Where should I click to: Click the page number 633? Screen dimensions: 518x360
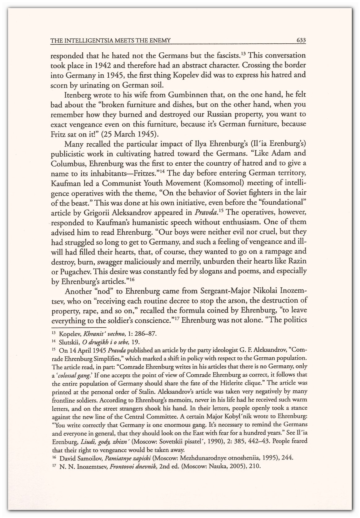[x=301, y=40]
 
